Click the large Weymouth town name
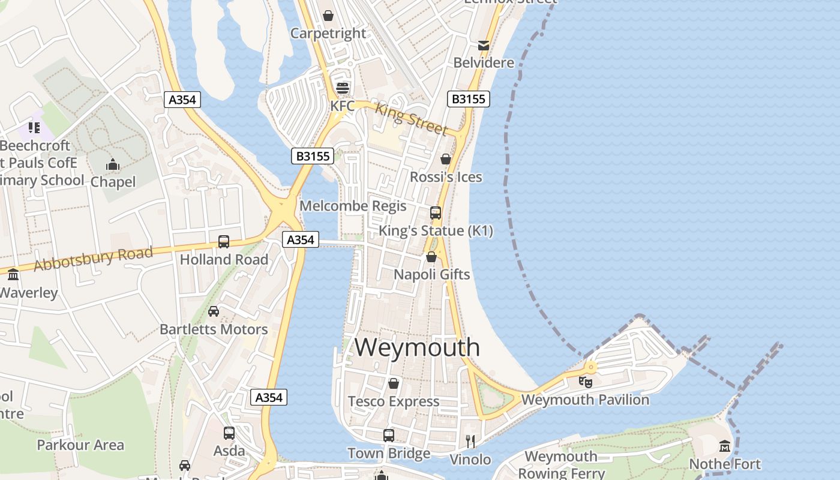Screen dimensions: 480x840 point(417,347)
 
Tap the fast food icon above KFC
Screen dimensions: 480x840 point(343,88)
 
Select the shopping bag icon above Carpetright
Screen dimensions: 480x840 point(328,16)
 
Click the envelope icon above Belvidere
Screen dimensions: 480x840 point(484,46)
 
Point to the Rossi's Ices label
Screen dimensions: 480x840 point(446,177)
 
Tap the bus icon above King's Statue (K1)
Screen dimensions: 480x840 point(436,213)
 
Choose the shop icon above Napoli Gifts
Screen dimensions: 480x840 point(431,257)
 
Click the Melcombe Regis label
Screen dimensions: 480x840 point(353,206)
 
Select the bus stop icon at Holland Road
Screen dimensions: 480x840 point(224,242)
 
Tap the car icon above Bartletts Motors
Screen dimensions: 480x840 point(214,311)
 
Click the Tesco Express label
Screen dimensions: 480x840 point(394,401)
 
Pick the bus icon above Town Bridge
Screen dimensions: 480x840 point(389,436)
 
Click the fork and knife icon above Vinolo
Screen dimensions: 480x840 point(470,442)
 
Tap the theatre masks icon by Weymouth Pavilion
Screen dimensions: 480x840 point(586,382)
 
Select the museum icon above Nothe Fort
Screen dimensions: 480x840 point(725,446)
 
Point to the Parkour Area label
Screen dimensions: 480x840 point(80,445)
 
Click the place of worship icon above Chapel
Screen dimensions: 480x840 point(113,165)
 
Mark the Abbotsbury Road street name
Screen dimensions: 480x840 point(93,259)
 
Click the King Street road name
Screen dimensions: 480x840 point(412,119)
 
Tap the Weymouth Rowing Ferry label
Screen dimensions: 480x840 point(561,464)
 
